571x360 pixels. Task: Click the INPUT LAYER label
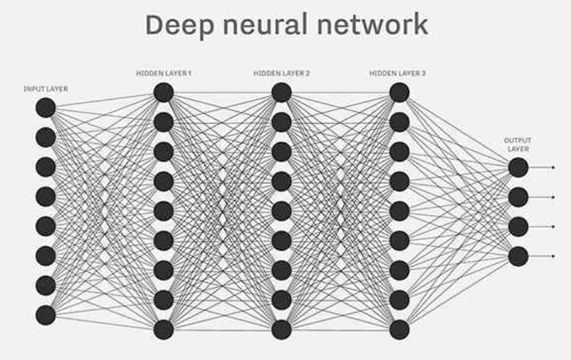point(46,89)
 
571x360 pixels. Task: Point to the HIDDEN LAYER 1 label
point(163,73)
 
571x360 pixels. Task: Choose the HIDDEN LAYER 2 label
point(281,73)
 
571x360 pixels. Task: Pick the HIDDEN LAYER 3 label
point(398,73)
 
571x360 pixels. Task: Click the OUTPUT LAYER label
point(517,144)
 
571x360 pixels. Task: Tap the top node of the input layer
point(46,108)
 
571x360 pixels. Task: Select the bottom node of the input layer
point(46,315)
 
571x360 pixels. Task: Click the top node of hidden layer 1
point(163,93)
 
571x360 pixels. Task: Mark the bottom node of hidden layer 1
point(163,330)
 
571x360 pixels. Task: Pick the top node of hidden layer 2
point(281,93)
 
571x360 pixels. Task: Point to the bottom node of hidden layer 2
point(281,330)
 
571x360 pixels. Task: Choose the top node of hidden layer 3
point(399,93)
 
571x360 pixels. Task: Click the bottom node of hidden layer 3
point(399,330)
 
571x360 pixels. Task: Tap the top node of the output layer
point(518,167)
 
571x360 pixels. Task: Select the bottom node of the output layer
point(518,256)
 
